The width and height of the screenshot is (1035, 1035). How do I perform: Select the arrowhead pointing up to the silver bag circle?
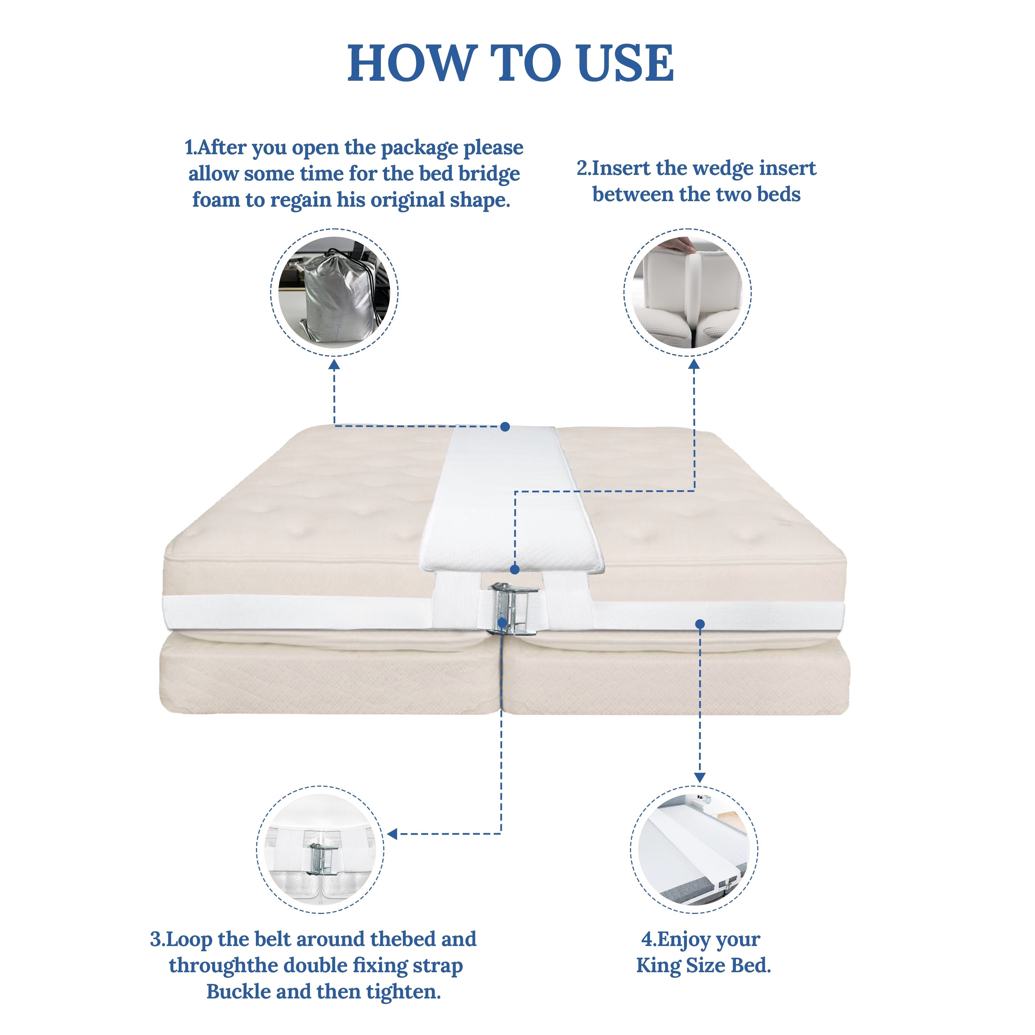334,365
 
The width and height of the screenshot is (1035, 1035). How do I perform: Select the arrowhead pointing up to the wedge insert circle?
694,365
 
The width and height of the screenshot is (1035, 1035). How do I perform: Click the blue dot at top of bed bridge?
505,426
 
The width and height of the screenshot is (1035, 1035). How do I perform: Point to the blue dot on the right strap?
700,623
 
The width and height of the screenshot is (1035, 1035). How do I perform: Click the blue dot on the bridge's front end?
514,569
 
